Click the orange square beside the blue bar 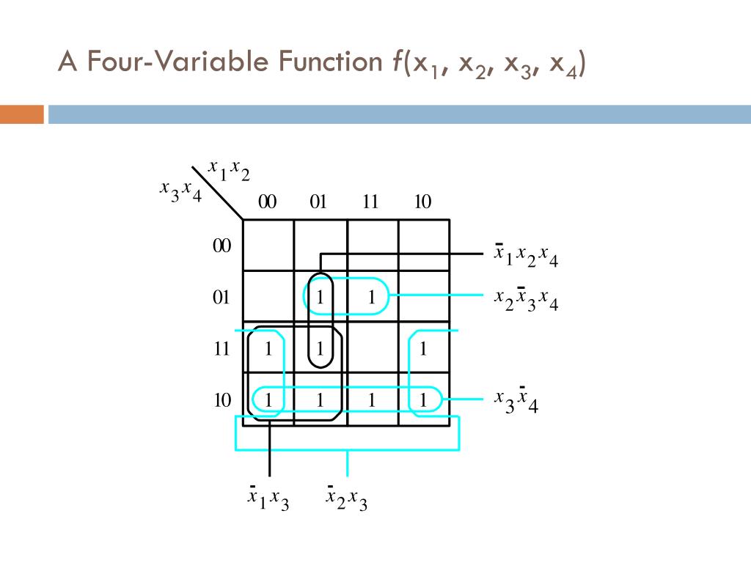tap(21, 114)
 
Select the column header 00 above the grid tap(267, 202)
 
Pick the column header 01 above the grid tap(318, 202)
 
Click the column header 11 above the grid tap(370, 202)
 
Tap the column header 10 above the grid tap(422, 202)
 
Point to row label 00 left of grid tap(221, 246)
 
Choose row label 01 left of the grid tap(221, 297)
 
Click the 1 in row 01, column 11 tap(372, 297)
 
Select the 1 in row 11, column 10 tap(423, 348)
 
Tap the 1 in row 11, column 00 tap(268, 348)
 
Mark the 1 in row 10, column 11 tap(372, 400)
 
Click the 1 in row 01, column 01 tap(320, 297)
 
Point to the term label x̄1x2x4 tap(526, 256)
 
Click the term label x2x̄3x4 tap(526, 298)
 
